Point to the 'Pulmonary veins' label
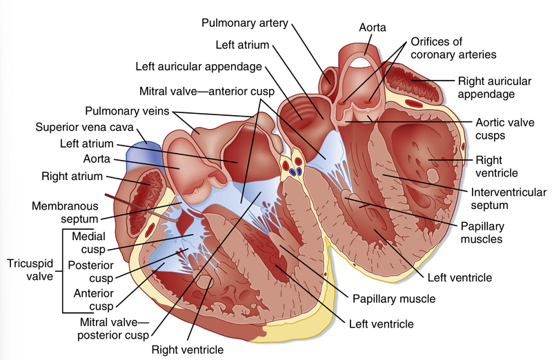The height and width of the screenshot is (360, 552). point(128,110)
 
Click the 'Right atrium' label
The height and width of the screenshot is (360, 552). point(72,177)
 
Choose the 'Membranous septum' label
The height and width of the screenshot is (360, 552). point(65,212)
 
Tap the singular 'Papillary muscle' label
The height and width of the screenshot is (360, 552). point(393,299)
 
